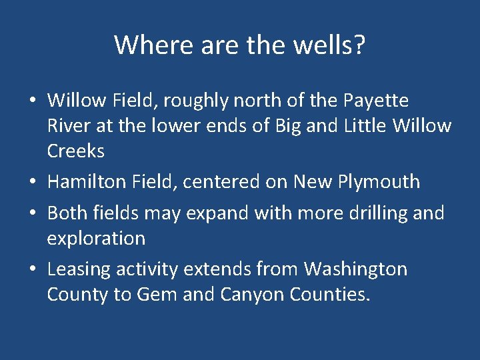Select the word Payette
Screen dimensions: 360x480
point(376,101)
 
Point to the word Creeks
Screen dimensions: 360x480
point(76,151)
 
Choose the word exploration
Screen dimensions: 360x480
point(96,238)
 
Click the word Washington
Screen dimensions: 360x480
point(355,269)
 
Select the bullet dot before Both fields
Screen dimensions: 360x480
point(32,213)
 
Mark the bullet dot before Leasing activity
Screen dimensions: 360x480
point(32,270)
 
